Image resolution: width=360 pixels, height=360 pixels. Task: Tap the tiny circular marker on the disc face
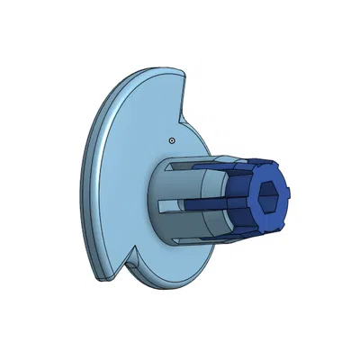coord(171,140)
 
